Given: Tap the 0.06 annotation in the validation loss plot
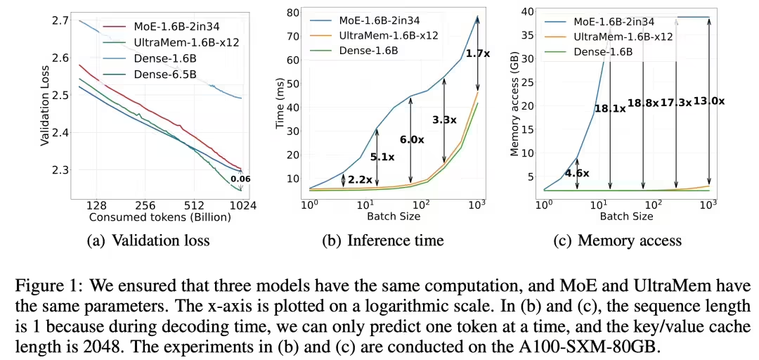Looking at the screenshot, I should pos(241,179).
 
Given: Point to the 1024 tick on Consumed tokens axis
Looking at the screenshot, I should pos(241,206).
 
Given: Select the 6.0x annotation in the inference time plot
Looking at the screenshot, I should pos(412,140).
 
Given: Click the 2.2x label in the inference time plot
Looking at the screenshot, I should pos(359,179).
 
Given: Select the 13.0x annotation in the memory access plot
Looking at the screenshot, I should pos(708,101).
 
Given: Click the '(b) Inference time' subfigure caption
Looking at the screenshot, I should pos(383,240).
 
